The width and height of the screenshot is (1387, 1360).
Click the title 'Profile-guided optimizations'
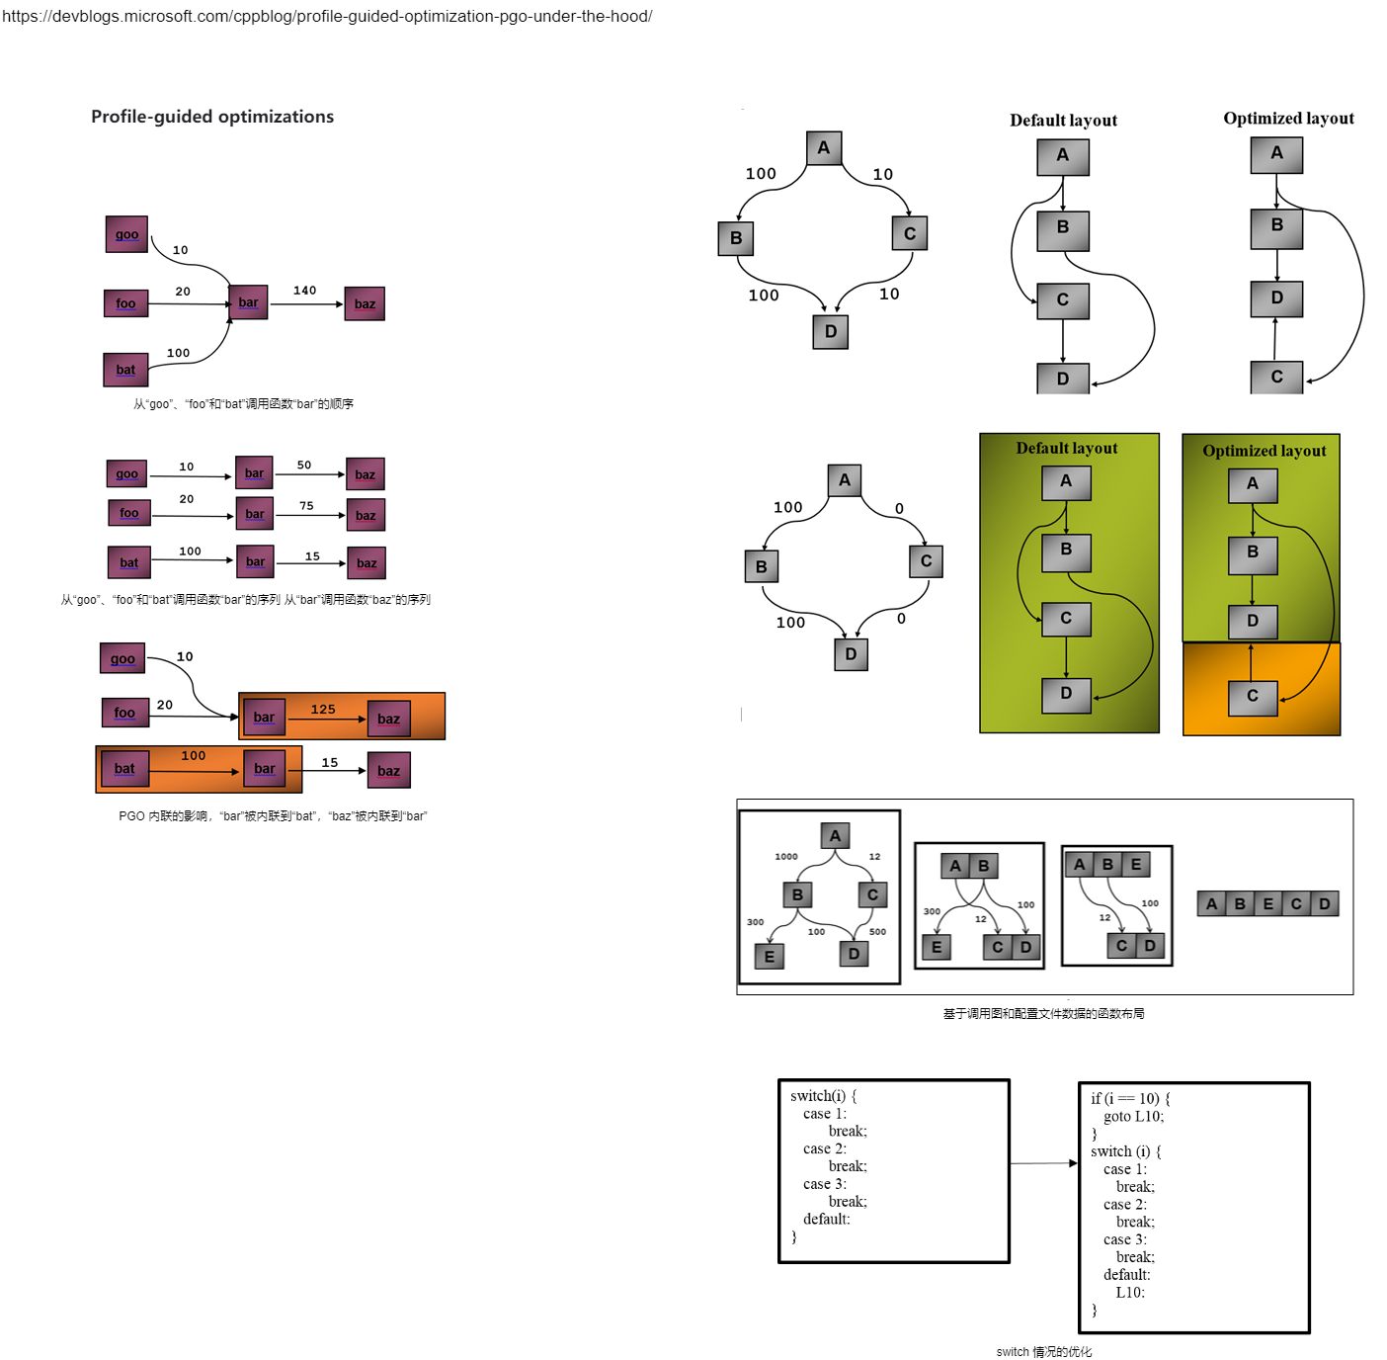212,117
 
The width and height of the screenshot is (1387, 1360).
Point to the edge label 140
304,291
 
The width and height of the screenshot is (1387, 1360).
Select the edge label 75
306,506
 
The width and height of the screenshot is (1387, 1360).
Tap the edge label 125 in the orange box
323,710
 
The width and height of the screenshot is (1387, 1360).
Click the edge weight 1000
786,857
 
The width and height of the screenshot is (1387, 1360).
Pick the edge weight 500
877,932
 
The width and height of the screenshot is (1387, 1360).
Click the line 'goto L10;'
1133,1117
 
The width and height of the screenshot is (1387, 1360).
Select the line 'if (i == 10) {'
1130,1099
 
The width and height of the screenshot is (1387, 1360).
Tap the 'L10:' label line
1130,1293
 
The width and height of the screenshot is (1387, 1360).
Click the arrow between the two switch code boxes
1043,1163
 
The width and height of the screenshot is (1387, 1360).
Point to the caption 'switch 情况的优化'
1044,1352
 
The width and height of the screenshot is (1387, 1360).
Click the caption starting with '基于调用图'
1044,1014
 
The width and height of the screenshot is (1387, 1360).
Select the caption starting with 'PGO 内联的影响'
274,816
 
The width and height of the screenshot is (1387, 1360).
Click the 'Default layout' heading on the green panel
1067,449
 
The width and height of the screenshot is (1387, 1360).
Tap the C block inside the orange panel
1253,697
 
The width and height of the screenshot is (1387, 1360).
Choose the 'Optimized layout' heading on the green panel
1265,451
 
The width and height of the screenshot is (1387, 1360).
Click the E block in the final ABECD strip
1268,904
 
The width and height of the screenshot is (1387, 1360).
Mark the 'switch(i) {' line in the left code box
824,1096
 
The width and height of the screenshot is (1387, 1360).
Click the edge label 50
304,465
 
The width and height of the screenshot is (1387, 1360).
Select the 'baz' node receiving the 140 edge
365,304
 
